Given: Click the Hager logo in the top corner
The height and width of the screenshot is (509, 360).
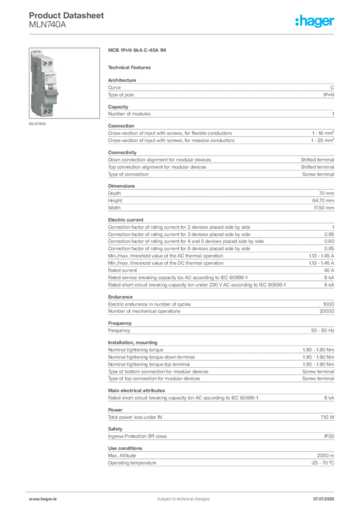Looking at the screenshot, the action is point(315,21).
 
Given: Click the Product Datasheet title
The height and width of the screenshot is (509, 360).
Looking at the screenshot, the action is point(66,15).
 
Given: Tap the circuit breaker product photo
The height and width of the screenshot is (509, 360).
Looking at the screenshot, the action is point(64,83).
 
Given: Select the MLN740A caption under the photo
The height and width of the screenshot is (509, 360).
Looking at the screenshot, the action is point(37,124).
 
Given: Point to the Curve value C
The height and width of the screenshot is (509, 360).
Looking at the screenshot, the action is point(332,87).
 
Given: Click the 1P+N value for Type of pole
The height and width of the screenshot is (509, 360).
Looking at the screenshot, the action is point(329,95).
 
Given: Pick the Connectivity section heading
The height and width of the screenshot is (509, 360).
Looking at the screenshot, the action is point(122,152).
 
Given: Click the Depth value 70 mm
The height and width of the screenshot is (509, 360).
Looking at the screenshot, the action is point(326,193).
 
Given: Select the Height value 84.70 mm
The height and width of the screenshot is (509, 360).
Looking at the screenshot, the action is point(323,201).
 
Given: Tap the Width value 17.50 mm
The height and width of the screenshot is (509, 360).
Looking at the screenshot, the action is point(324,208).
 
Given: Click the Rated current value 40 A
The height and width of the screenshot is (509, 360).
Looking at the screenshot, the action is point(329,270).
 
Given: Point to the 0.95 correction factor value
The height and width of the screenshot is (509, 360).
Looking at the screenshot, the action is point(329,235).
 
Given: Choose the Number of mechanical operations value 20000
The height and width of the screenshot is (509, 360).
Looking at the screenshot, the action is point(327,311).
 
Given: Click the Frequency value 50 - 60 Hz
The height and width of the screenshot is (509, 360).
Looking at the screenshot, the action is point(322,331).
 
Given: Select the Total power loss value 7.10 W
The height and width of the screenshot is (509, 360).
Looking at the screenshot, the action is point(327,417).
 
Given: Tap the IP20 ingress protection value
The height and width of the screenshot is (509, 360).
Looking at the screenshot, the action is point(329,436).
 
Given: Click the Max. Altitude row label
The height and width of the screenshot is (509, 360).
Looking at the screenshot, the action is point(122,455).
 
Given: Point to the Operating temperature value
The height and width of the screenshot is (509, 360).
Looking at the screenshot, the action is point(322,463).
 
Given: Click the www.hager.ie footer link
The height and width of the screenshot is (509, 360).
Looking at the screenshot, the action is point(43,499).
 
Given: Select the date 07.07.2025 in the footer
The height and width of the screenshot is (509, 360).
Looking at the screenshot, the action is point(324,499).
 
